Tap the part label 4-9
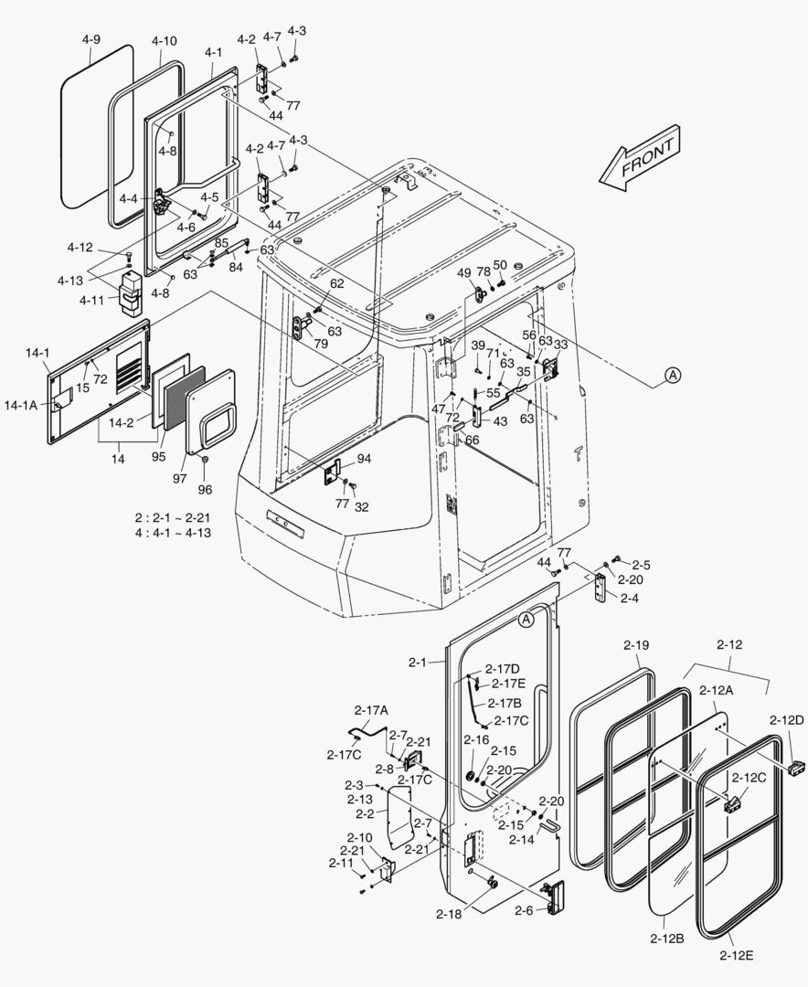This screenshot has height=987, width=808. tap(90, 40)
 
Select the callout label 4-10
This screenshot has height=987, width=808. tap(165, 41)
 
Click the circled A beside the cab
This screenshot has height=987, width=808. tap(672, 375)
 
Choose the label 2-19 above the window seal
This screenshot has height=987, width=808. tap(636, 645)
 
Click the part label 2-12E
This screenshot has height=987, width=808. tap(736, 955)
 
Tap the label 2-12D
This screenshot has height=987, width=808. tap(786, 720)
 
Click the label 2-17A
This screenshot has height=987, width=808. tap(371, 709)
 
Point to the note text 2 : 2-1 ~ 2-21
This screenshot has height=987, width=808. tap(173, 517)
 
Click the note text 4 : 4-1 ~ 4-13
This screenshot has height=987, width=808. tap(173, 532)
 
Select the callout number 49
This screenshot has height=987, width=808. tap(463, 272)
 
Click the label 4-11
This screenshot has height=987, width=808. tap(91, 299)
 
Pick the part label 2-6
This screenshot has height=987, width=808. tap(523, 911)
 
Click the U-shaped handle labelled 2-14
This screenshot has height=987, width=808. tap(551, 826)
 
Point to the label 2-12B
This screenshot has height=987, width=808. tap(667, 938)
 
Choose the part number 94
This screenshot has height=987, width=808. tap(364, 458)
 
